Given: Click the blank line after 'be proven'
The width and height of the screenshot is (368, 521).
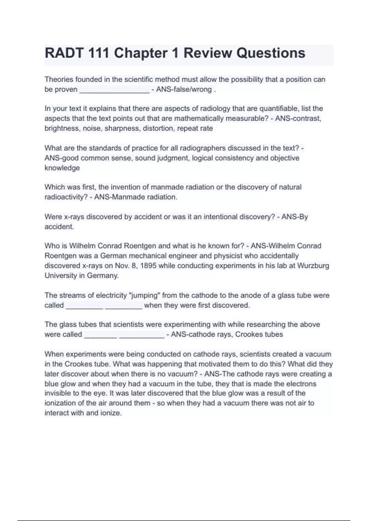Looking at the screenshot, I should (114, 90).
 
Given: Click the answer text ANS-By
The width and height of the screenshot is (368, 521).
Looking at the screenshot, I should (294, 217).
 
